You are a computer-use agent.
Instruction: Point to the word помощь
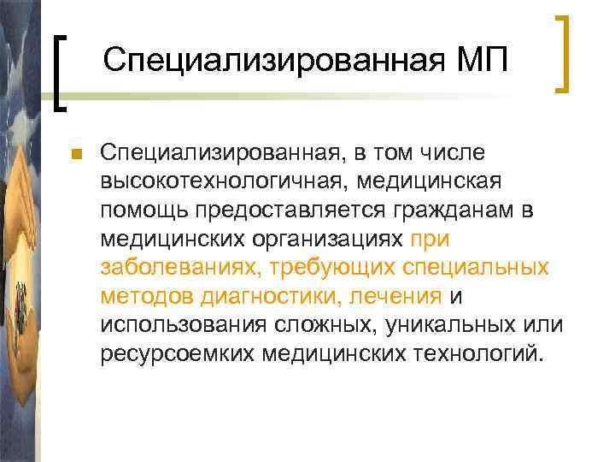coord(143,210)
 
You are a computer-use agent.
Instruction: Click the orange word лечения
coord(397,296)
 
